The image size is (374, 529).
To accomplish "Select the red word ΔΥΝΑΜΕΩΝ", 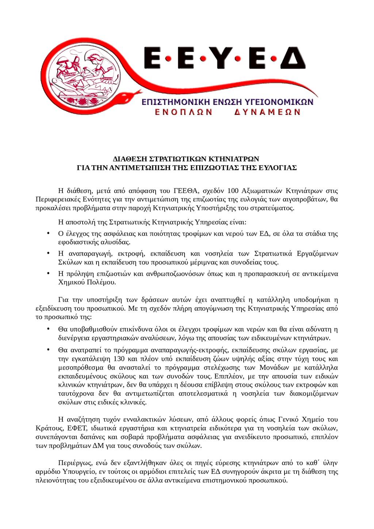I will click(267, 112).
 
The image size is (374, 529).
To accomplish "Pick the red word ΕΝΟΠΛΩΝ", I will click(183, 112).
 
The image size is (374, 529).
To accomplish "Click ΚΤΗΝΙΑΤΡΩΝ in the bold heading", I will click(233, 159).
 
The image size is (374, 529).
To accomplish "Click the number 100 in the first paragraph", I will click(233, 190).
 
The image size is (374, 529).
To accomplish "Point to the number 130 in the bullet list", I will click(120, 358).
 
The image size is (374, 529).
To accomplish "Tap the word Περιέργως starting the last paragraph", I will click(75, 463).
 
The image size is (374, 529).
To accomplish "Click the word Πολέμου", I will click(102, 282).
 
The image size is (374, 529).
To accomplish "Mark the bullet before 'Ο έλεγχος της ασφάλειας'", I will click(48, 233).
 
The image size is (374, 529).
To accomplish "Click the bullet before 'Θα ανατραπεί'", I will click(48, 349).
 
